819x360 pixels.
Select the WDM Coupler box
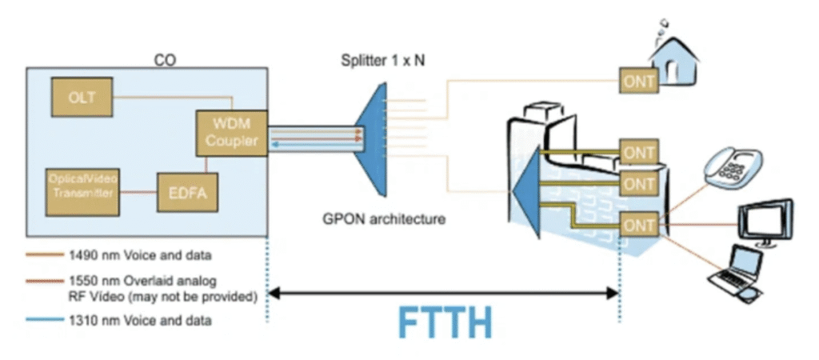(x=230, y=133)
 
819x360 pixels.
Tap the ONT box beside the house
(x=639, y=80)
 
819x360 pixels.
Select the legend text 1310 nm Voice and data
(x=118, y=322)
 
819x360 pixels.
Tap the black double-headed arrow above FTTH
(x=444, y=293)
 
